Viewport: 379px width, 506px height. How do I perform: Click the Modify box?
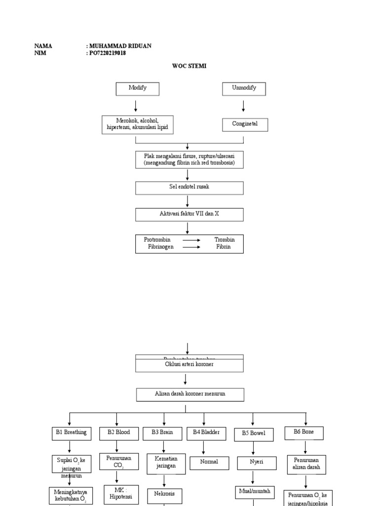(138, 88)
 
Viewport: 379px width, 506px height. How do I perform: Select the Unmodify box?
(243, 88)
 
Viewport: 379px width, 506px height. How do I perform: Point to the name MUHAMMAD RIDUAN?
(120, 46)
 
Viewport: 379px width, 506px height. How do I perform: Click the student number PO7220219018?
(107, 53)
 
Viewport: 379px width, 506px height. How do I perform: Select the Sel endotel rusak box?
(189, 188)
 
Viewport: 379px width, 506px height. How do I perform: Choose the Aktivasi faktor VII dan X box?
(189, 214)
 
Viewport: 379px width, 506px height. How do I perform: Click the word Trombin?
(225, 240)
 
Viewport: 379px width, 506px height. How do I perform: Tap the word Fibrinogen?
(160, 247)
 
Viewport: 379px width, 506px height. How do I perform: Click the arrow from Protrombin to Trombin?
(191, 240)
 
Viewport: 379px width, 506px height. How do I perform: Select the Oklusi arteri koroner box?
(189, 365)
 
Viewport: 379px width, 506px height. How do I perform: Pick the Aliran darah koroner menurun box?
(189, 394)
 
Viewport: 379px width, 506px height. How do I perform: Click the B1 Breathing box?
(70, 433)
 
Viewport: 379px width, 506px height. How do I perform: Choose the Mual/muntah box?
(253, 492)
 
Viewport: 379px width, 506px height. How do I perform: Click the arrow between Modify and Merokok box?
(136, 106)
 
